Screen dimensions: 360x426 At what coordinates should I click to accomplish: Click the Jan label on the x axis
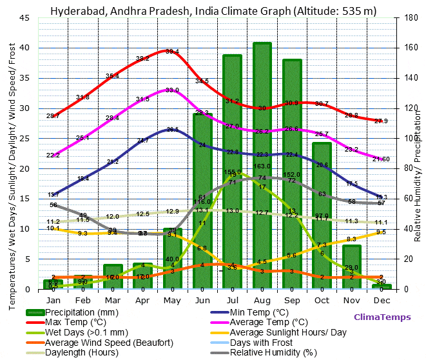click(x=53, y=301)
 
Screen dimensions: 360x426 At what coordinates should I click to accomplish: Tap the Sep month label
click(x=292, y=301)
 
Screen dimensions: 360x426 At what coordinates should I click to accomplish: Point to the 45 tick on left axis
click(x=24, y=18)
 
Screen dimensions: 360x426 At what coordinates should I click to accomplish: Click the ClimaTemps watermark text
click(x=382, y=317)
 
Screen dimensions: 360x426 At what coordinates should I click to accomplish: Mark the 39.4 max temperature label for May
click(x=172, y=51)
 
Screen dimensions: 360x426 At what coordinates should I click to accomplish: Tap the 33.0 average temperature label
click(x=172, y=90)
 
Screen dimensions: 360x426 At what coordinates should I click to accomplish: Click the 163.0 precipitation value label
click(x=262, y=166)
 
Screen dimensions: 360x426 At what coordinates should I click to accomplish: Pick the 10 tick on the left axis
click(x=24, y=229)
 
